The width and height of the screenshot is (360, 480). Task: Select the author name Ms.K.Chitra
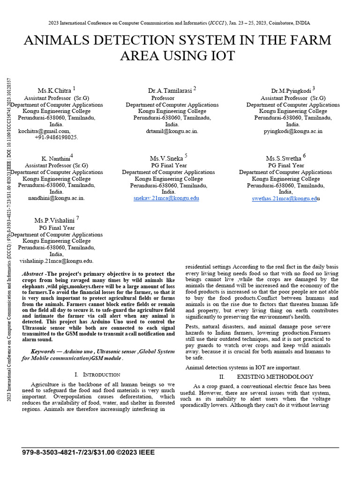click(54, 90)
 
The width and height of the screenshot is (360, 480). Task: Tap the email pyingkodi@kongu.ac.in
click(293, 131)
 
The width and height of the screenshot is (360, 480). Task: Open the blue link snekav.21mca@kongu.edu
click(166, 198)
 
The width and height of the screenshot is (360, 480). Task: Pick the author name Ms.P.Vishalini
click(54, 220)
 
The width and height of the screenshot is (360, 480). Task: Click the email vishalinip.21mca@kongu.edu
click(56, 261)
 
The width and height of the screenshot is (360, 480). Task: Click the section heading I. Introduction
click(97, 375)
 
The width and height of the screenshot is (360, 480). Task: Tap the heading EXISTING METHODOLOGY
click(275, 377)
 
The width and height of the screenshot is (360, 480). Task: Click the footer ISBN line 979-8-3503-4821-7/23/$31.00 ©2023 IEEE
click(88, 452)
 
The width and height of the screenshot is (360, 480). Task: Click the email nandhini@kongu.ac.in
click(56, 198)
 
